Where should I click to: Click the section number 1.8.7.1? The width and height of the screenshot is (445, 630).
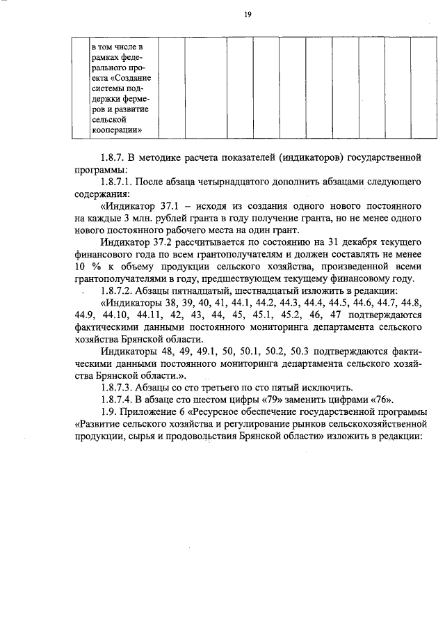117,182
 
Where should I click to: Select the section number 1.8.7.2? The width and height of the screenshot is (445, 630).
117,290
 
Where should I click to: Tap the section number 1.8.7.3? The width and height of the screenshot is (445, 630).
117,387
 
